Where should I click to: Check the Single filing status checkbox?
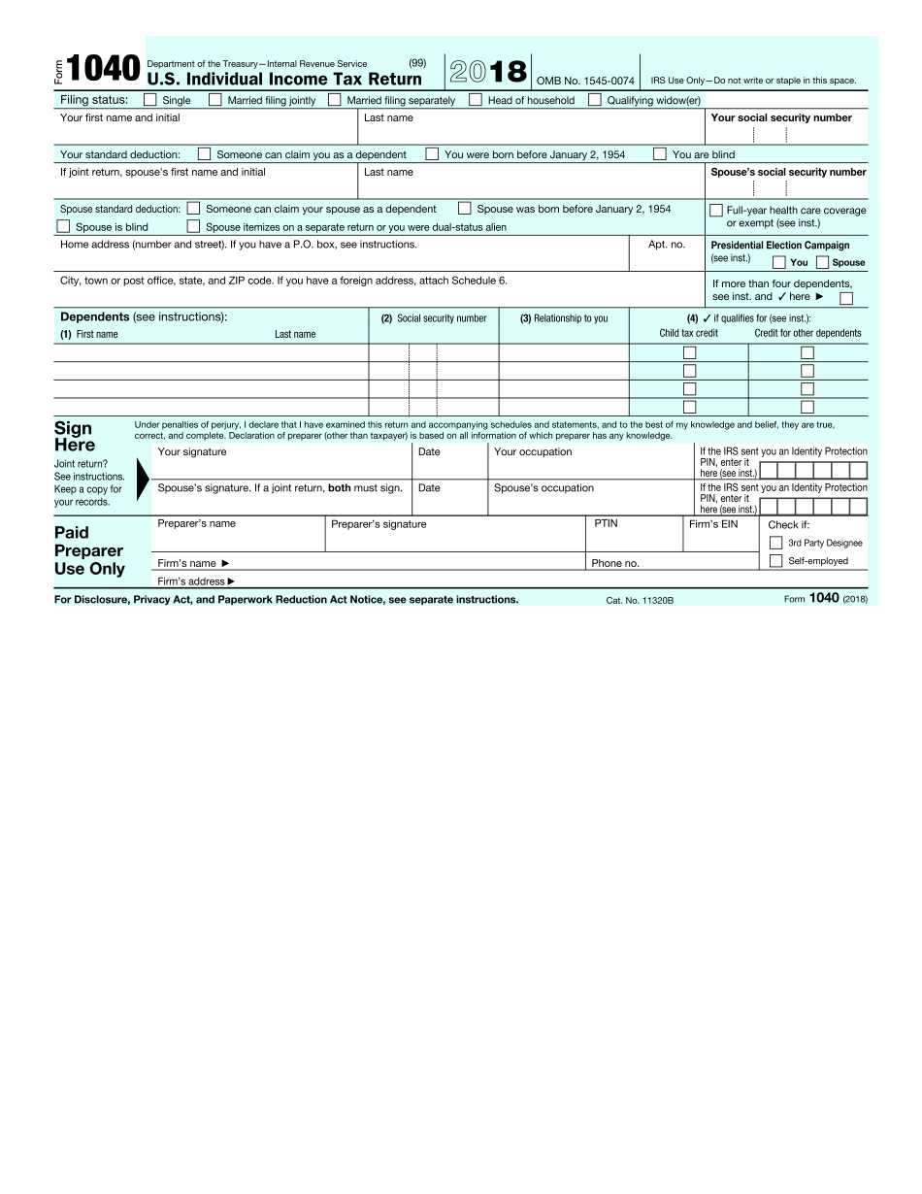pyautogui.click(x=150, y=99)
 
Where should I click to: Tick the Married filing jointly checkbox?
pyautogui.click(x=215, y=99)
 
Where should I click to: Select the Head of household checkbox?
pyautogui.click(x=476, y=99)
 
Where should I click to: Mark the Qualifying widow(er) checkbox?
pyautogui.click(x=595, y=99)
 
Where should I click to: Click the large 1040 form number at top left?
pyautogui.click(x=104, y=70)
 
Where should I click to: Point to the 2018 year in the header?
pyautogui.click(x=488, y=72)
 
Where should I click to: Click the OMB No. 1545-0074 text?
pyautogui.click(x=585, y=81)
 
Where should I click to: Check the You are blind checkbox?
pyautogui.click(x=660, y=153)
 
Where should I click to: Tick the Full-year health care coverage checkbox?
pyautogui.click(x=716, y=210)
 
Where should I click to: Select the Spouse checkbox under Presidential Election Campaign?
pyautogui.click(x=823, y=262)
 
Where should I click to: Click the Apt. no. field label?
pyautogui.click(x=667, y=245)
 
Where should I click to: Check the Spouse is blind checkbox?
pyautogui.click(x=64, y=226)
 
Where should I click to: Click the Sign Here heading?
pyautogui.click(x=74, y=437)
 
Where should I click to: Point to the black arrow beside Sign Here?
pyautogui.click(x=143, y=480)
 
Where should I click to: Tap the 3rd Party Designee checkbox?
pyautogui.click(x=775, y=543)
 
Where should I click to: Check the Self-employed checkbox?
pyautogui.click(x=775, y=560)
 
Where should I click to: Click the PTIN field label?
pyautogui.click(x=606, y=523)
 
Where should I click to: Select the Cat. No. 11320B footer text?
pyautogui.click(x=640, y=600)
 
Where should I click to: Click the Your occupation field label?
pyautogui.click(x=533, y=451)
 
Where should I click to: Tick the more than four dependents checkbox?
pyautogui.click(x=846, y=298)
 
